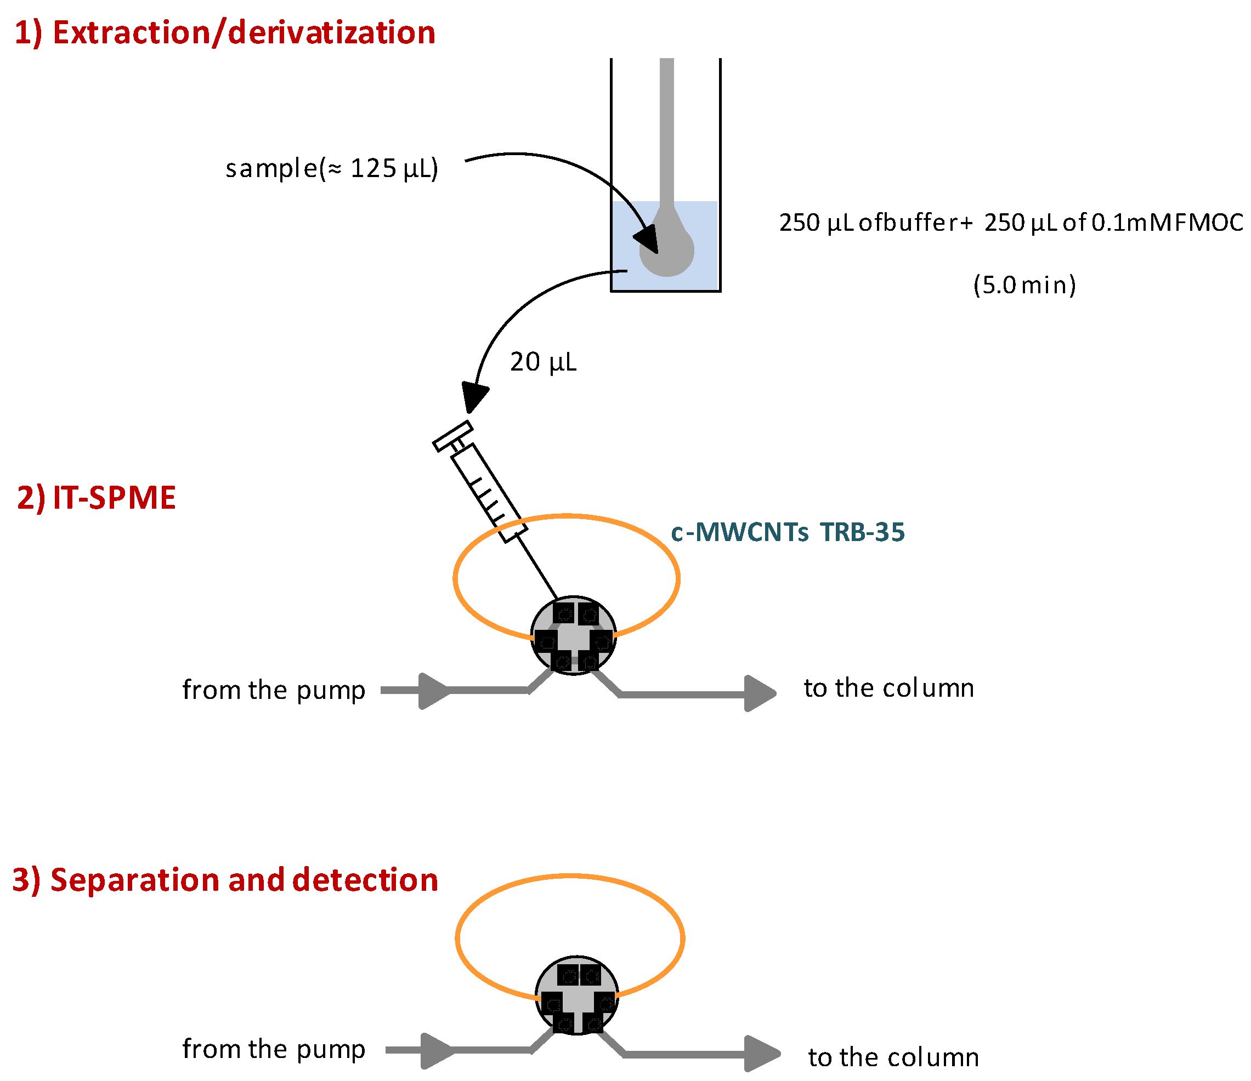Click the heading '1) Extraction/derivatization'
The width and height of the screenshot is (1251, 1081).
225,32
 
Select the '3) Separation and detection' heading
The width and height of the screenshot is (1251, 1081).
225,879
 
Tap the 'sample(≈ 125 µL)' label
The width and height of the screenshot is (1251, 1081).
331,168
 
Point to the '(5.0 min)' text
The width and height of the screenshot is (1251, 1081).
1024,285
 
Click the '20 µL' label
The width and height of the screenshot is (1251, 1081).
543,362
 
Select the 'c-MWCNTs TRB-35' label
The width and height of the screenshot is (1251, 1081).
788,532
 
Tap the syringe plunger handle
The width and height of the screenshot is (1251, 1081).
453,436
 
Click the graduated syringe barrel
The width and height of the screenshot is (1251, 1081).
490,492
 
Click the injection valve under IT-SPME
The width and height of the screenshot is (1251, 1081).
573,635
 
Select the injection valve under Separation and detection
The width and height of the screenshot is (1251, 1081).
576,995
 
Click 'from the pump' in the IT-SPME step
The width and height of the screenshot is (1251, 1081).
274,690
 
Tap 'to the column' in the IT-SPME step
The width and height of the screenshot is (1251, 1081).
888,688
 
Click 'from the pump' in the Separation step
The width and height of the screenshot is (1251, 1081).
274,1049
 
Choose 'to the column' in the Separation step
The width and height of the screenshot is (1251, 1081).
893,1057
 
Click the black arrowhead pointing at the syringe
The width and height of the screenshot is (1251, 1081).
474,396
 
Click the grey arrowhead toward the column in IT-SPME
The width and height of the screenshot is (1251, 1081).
760,693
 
